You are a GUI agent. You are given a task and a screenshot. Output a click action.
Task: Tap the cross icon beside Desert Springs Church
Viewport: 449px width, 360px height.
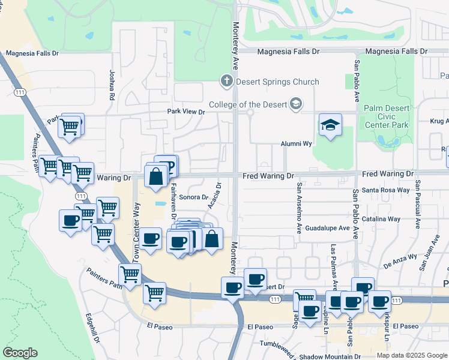click(226, 80)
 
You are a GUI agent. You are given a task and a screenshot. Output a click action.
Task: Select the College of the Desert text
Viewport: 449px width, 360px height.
click(249, 105)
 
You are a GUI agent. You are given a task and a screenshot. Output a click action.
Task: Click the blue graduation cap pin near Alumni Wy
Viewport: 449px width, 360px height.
click(330, 125)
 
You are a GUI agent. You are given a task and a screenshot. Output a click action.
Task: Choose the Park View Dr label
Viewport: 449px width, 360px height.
click(185, 112)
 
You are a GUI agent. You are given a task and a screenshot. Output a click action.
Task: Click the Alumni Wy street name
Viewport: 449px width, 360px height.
click(297, 144)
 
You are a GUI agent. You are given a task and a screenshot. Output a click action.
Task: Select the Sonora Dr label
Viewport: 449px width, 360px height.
click(193, 197)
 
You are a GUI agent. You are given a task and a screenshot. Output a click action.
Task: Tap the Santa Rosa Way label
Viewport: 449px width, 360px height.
click(385, 190)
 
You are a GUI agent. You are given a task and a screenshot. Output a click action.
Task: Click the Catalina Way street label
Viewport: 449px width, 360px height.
click(385, 219)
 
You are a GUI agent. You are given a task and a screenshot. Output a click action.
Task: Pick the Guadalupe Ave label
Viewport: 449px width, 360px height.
click(327, 229)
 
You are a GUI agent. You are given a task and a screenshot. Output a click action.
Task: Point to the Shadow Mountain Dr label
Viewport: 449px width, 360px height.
click(324, 356)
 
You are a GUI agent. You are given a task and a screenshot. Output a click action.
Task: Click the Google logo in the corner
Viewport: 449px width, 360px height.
click(20, 353)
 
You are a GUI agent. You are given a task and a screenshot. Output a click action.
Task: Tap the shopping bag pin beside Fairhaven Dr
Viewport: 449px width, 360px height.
click(156, 178)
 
